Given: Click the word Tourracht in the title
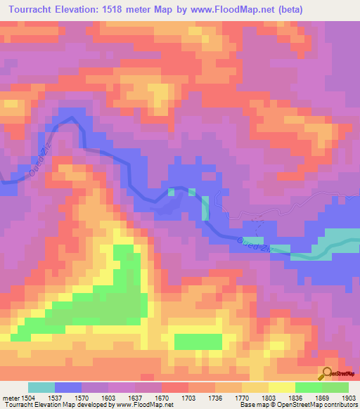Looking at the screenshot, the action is click(x=31, y=9).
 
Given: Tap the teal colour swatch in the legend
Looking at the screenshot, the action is click(x=41, y=387).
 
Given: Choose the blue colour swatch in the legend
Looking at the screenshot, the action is click(x=68, y=387).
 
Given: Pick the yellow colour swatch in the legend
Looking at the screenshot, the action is click(x=282, y=387).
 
